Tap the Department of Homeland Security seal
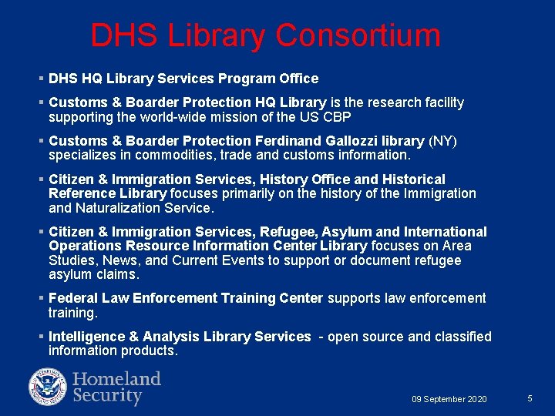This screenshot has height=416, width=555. click(48, 387)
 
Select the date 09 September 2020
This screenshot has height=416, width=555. click(449, 399)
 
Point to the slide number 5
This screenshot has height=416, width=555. click(530, 398)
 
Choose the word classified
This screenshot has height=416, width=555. click(463, 337)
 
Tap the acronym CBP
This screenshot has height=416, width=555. click(336, 116)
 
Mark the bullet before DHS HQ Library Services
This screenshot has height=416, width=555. click(40, 79)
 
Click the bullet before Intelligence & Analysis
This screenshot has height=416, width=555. click(40, 337)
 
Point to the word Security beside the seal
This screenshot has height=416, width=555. click(107, 397)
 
